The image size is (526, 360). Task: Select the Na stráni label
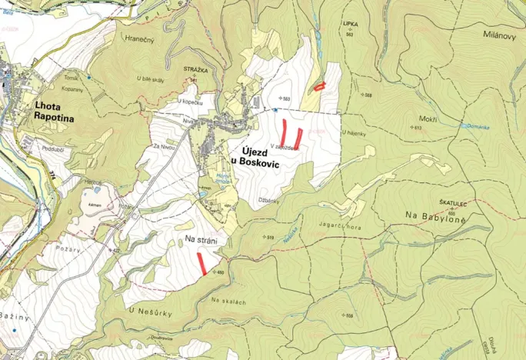tap(201, 240)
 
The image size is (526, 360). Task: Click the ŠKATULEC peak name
tap(453, 202)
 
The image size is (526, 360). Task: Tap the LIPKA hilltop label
tap(351, 25)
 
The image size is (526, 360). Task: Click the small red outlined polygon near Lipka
tap(320, 86)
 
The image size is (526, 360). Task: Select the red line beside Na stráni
tap(201, 263)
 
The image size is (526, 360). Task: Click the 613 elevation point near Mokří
tap(418, 128)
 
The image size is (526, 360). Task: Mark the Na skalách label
tap(228, 302)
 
